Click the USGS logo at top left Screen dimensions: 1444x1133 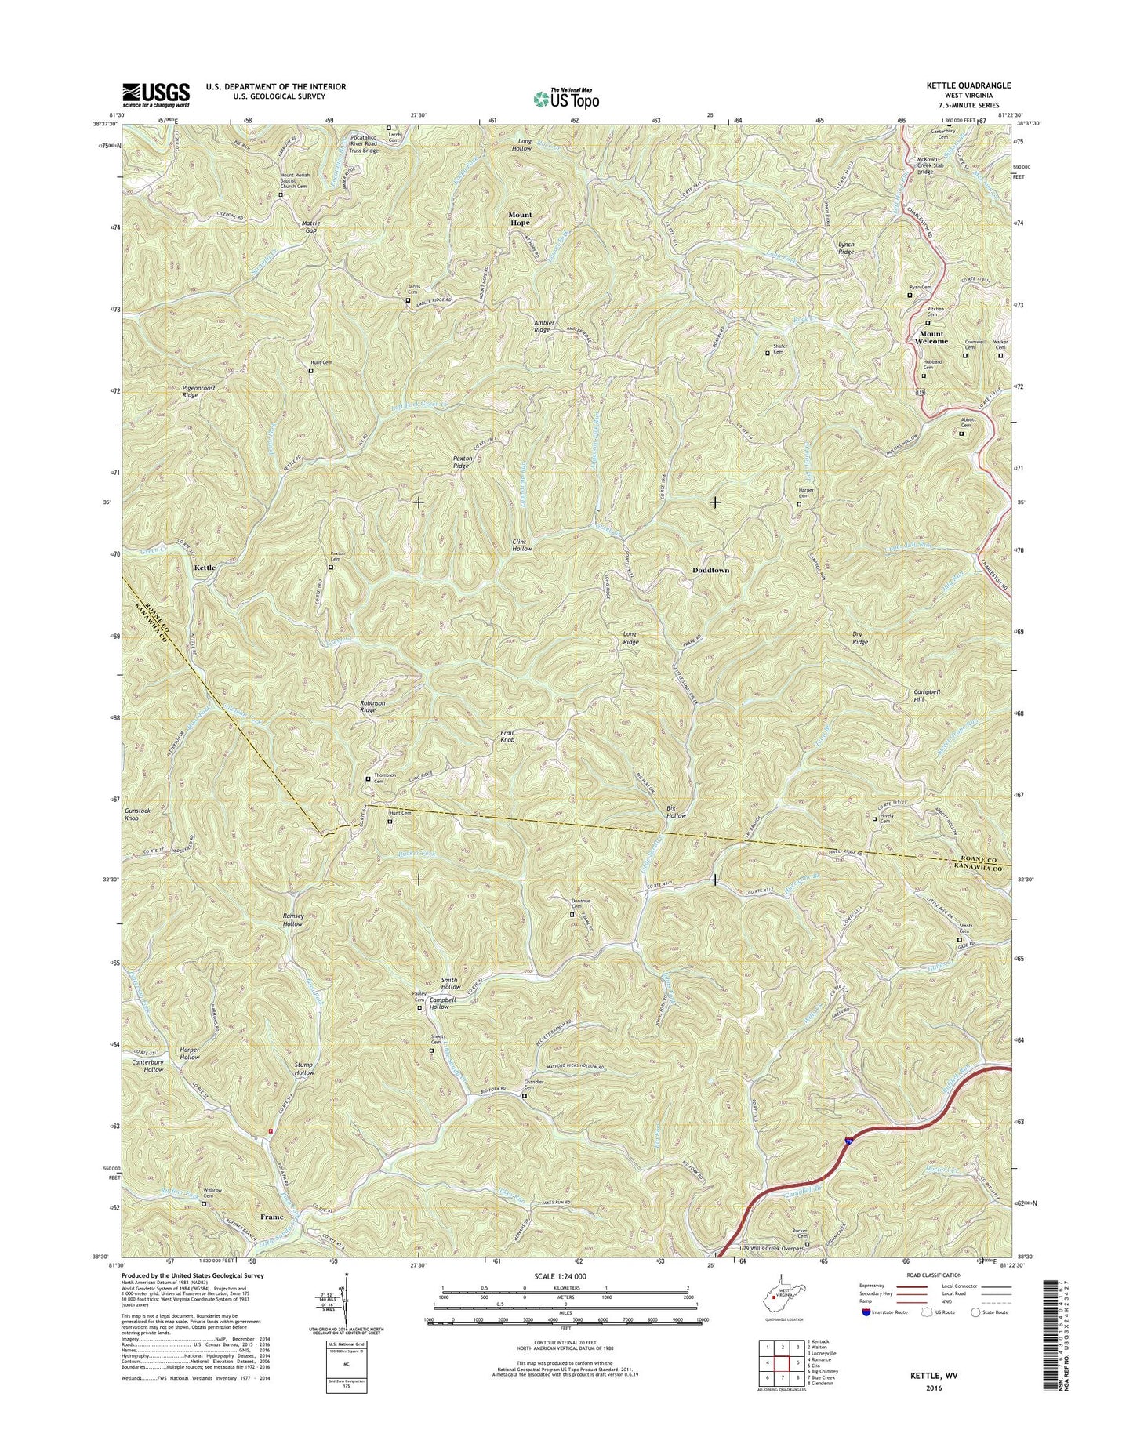155,94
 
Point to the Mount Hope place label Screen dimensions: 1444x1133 519,218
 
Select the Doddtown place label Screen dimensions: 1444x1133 710,570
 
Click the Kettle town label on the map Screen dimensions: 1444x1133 204,567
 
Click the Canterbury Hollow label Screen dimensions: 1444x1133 147,1065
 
